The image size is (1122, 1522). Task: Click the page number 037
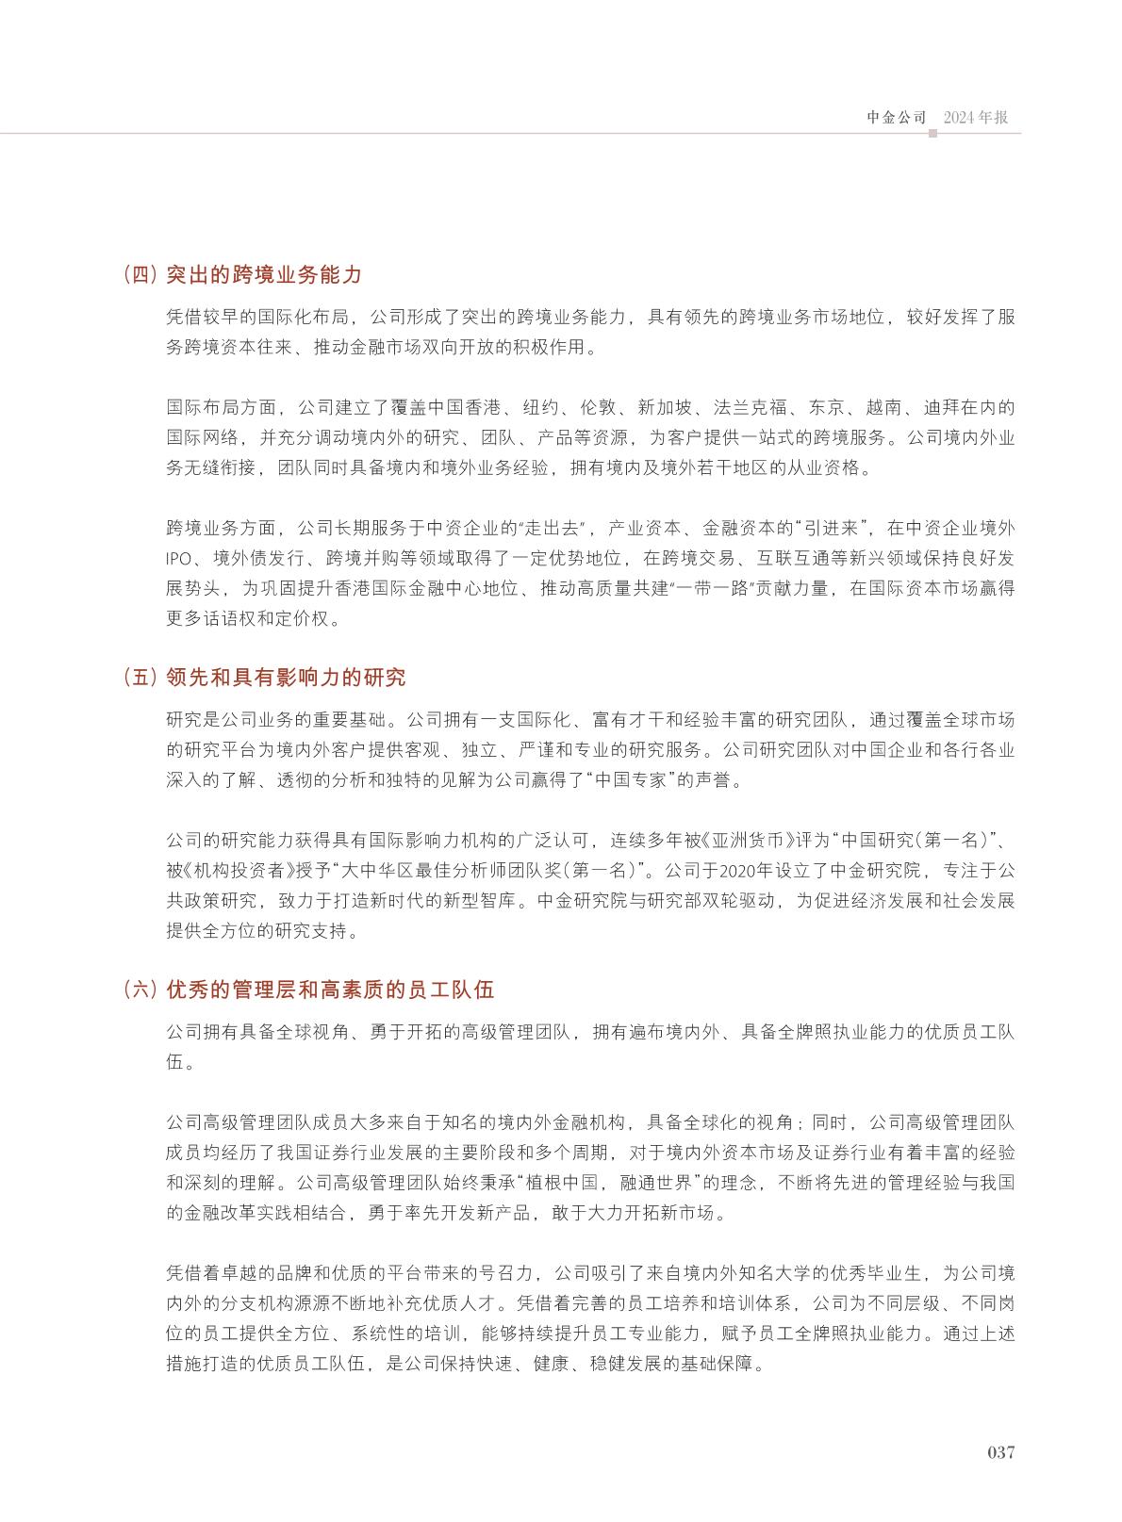pos(1000,1451)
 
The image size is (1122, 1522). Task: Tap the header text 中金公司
pos(897,118)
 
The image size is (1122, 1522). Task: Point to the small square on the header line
pos(932,134)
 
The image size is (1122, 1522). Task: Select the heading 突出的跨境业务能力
pos(264,275)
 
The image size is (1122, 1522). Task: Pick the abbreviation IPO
pos(180,557)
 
